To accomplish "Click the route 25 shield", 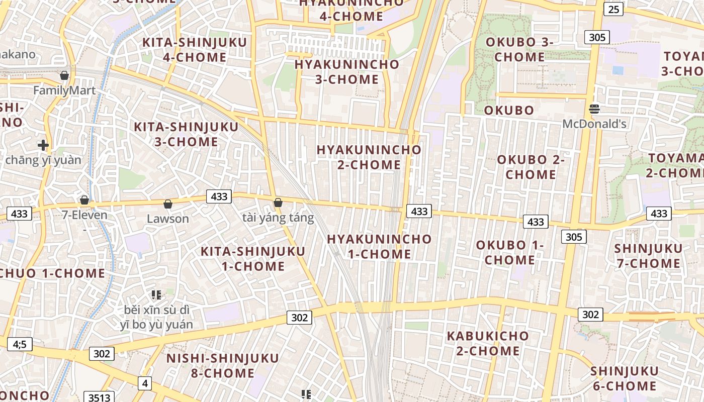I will click(613, 9).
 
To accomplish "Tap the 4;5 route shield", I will click(20, 344).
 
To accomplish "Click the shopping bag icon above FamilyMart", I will click(64, 76).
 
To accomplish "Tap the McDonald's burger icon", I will click(594, 109).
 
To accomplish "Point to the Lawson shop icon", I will click(168, 204).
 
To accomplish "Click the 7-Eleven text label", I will click(84, 215).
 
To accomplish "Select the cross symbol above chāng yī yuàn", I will click(43, 146).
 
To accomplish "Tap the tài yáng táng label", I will click(278, 218).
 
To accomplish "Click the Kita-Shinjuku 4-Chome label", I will click(195, 50).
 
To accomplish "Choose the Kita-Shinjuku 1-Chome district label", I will click(253, 258).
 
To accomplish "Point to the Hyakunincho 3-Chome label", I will click(347, 72).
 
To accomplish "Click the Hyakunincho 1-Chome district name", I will click(380, 246).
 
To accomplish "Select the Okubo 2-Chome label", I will click(531, 167).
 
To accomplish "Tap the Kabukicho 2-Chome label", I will click(488, 343).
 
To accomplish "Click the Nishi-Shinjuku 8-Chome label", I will click(223, 365).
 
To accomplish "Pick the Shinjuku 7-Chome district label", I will click(648, 256).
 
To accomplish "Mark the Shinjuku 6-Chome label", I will click(624, 378).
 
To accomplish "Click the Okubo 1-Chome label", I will click(510, 252).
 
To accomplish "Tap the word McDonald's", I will click(594, 124).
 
